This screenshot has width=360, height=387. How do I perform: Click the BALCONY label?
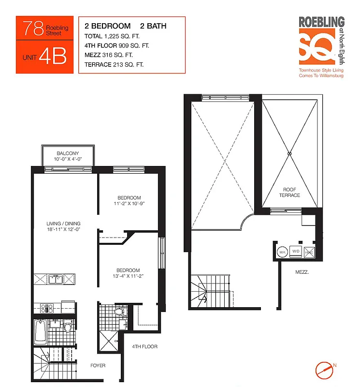click(x=67, y=153)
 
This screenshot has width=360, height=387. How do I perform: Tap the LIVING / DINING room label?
click(x=63, y=223)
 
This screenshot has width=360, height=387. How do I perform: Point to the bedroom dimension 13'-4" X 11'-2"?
click(x=128, y=277)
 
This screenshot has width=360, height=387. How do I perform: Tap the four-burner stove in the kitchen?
click(x=46, y=307)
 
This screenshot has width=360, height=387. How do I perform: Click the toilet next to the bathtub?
click(x=68, y=328)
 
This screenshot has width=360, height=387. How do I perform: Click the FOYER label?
click(x=98, y=365)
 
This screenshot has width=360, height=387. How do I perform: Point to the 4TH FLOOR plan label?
click(x=145, y=346)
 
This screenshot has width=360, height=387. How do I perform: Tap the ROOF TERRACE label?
click(x=289, y=192)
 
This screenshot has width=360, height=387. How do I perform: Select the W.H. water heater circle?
click(x=282, y=252)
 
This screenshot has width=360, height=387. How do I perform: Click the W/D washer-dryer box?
click(x=296, y=252)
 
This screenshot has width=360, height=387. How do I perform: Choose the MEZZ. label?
click(x=302, y=272)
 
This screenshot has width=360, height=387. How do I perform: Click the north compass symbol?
click(x=325, y=370)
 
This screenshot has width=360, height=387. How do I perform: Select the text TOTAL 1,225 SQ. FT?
click(x=111, y=36)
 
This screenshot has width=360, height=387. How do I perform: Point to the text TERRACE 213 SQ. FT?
click(x=114, y=64)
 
